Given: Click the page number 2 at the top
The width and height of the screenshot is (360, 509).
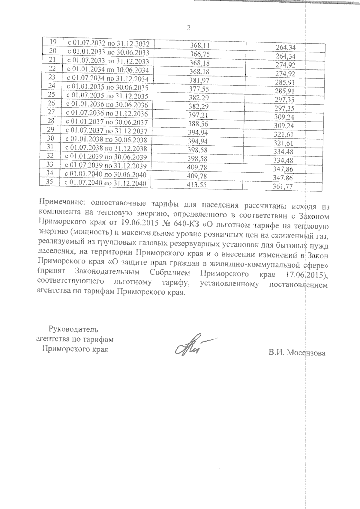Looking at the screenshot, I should pos(188,28).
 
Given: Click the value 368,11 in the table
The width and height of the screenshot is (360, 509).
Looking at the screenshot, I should pos(200,45).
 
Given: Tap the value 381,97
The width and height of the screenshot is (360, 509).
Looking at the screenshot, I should pos(199,80).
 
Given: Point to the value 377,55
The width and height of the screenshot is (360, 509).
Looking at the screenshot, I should pos(199,89).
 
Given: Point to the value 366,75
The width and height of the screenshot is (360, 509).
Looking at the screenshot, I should pos(200,54).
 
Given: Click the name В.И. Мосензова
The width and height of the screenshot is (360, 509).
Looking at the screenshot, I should pos(297,353).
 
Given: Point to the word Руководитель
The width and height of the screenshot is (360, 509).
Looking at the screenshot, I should pos(73,330).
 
